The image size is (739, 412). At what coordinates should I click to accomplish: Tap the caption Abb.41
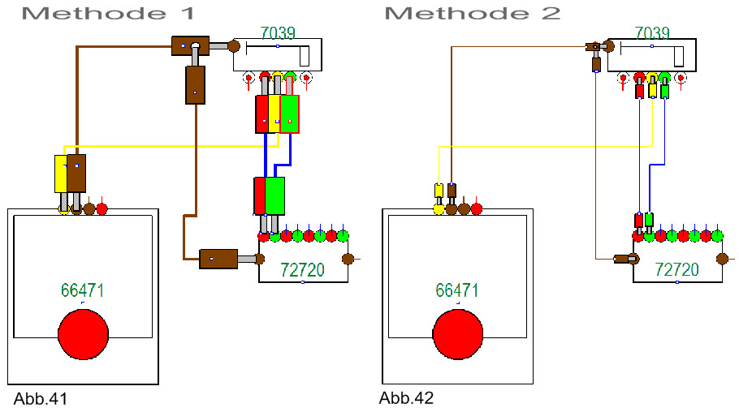click(40, 398)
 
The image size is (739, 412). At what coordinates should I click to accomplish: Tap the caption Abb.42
click(406, 398)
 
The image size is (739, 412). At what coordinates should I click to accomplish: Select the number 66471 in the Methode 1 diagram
click(83, 290)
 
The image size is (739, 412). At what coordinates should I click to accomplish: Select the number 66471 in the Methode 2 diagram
click(457, 290)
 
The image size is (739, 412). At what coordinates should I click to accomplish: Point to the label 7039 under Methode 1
click(277, 33)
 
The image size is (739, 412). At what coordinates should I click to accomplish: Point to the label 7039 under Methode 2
click(652, 33)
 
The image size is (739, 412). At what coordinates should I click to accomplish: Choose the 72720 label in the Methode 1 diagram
click(302, 269)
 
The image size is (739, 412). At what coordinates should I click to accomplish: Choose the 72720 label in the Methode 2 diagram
click(676, 269)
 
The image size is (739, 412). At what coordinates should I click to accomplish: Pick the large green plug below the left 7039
click(290, 114)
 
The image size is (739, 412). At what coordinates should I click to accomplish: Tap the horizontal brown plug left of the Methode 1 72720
click(218, 259)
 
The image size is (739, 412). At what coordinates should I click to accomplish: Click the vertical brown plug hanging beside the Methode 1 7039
click(195, 85)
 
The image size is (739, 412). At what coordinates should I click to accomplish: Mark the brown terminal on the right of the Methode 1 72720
click(348, 260)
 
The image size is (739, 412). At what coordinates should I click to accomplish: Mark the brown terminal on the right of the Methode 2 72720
click(722, 260)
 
